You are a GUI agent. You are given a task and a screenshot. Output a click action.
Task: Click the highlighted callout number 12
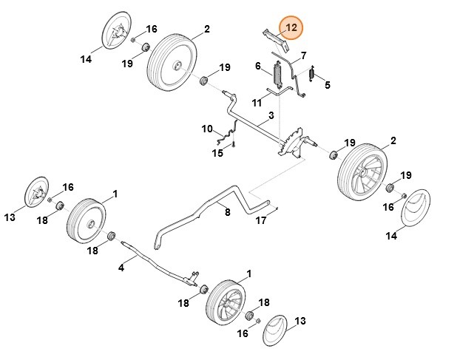[x=291, y=28]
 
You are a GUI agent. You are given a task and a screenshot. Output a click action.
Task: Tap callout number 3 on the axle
[x=271, y=115]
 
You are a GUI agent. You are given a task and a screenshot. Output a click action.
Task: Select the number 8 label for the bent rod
[x=228, y=212]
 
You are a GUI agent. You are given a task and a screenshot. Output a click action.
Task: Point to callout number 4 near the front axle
[x=121, y=267]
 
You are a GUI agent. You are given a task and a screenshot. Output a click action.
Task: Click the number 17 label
[x=327, y=85]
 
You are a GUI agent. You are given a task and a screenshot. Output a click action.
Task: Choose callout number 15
[x=302, y=56]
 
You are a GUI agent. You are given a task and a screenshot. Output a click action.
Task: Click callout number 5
[x=327, y=85]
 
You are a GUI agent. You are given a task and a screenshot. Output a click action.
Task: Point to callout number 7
[x=302, y=56]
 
